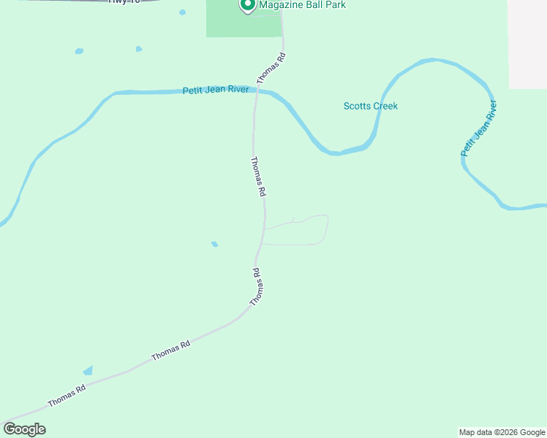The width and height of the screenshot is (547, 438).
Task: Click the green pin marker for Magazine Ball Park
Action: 247,5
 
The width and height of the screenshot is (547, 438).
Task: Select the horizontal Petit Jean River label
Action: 216,91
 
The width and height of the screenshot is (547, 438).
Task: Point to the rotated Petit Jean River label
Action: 478,130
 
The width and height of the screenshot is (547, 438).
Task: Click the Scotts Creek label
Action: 371,106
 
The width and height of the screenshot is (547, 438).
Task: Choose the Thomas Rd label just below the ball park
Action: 271,67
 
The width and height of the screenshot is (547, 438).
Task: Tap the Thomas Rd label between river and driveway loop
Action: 257,177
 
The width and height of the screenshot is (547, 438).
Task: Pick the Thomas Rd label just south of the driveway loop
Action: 256,287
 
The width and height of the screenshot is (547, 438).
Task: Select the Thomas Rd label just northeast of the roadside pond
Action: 170,350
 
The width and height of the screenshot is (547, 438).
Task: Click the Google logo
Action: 24,429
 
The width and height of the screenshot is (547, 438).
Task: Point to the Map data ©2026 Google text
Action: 502,432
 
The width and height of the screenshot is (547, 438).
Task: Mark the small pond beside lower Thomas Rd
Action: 88,371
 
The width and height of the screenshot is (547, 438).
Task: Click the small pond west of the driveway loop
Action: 214,244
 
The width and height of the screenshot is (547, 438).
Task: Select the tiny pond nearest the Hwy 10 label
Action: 182,12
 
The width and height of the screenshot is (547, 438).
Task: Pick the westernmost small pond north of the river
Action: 79,51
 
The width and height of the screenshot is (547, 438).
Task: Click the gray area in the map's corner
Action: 527,44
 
